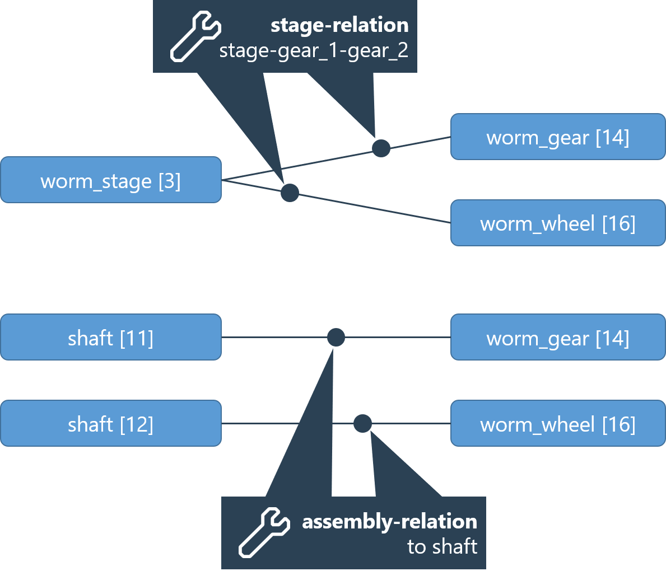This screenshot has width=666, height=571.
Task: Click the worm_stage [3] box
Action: [x=111, y=180]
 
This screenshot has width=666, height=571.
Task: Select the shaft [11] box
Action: [x=111, y=337]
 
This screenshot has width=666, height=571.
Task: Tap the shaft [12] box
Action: [x=111, y=423]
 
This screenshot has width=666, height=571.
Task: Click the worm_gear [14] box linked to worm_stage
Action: [x=558, y=137]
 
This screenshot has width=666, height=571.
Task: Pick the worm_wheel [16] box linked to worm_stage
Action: [x=558, y=223]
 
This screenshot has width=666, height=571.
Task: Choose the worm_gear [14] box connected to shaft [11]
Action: [x=558, y=337]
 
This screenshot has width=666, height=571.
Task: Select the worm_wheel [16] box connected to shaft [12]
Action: [x=558, y=423]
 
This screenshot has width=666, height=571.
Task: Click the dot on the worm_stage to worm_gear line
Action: [x=381, y=148]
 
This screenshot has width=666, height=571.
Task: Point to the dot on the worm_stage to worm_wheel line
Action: [x=290, y=193]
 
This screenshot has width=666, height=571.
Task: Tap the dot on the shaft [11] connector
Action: [x=336, y=338]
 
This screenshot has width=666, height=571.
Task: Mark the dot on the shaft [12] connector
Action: [x=362, y=424]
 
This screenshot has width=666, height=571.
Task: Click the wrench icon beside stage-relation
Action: [x=195, y=38]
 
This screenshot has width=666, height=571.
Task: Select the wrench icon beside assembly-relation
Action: [x=264, y=532]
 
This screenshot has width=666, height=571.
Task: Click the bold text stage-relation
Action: [x=339, y=25]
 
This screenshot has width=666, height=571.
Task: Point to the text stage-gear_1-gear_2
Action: [x=314, y=51]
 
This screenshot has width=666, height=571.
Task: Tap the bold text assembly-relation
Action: [x=389, y=522]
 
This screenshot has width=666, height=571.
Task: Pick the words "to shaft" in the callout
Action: [x=442, y=546]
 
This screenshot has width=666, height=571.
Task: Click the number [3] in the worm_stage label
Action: [x=170, y=181]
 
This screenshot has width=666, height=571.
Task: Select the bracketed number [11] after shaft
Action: [x=137, y=338]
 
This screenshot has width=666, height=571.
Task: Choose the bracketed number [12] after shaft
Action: [x=137, y=424]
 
